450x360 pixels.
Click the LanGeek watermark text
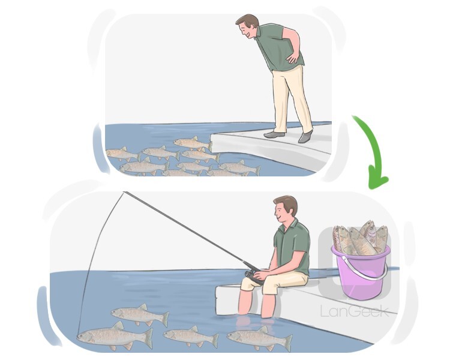(x=354, y=311)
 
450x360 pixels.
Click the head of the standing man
(x=247, y=28)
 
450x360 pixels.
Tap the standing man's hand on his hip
(x=293, y=58)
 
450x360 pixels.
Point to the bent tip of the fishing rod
(x=125, y=193)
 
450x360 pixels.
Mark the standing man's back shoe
(x=305, y=136)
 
